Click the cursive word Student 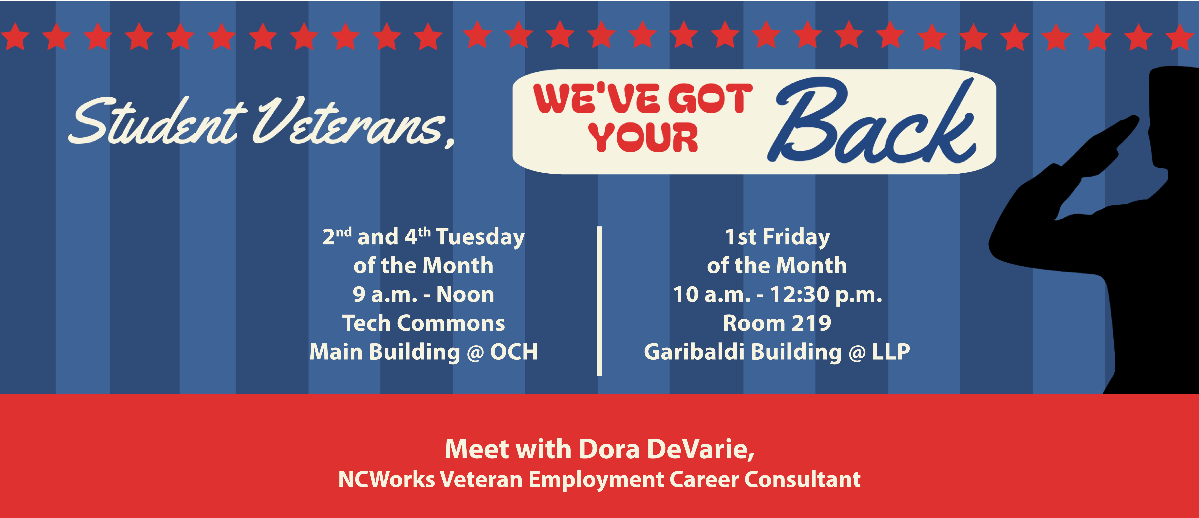(158, 122)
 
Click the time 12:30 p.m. (826, 295)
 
